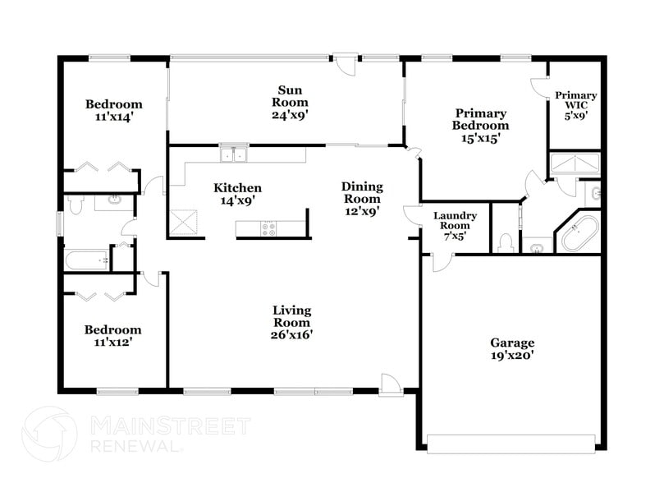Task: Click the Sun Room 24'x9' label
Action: (x=290, y=103)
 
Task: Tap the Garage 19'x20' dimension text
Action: (x=512, y=348)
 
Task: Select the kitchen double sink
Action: (x=234, y=154)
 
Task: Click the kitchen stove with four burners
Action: (x=268, y=229)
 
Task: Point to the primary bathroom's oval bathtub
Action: (x=580, y=234)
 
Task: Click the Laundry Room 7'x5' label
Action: (x=455, y=226)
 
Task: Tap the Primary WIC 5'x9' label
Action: (x=576, y=105)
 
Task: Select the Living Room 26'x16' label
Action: (x=291, y=323)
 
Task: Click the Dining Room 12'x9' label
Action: (x=362, y=199)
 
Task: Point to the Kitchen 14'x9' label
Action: (x=237, y=194)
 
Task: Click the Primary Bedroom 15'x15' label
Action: (x=480, y=126)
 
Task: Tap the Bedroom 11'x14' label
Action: (x=114, y=110)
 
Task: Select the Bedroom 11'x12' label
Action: (x=112, y=336)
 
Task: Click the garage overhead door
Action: (x=511, y=444)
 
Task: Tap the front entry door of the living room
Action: (x=391, y=385)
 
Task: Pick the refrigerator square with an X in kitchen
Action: (x=183, y=223)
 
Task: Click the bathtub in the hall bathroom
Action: (x=86, y=260)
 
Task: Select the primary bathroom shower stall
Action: (x=575, y=164)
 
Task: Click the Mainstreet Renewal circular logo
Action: (x=49, y=434)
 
